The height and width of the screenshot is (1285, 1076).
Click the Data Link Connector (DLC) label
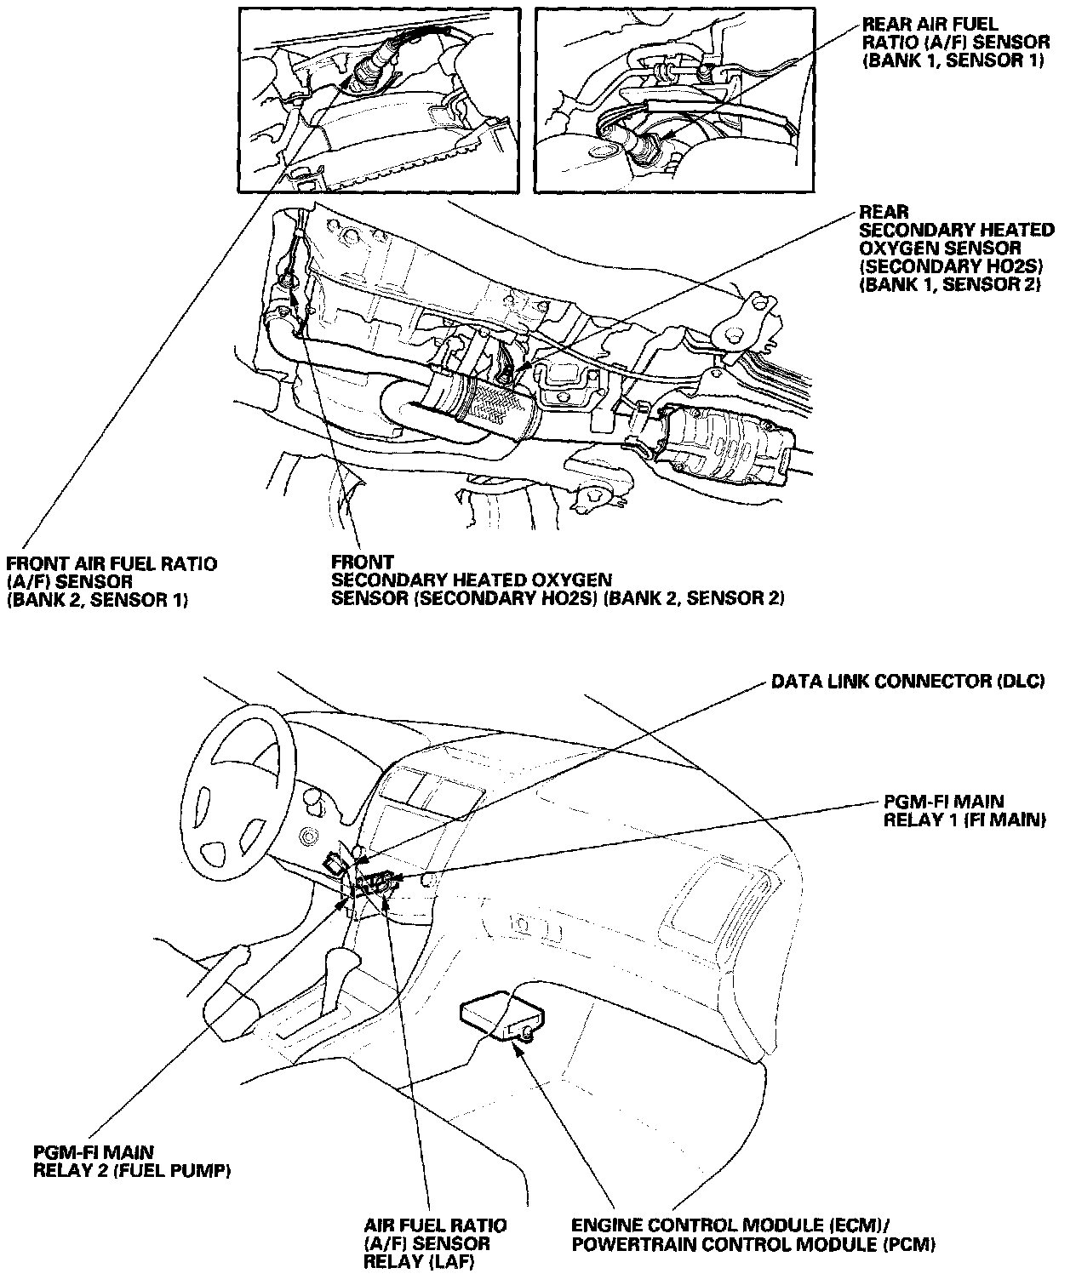907,682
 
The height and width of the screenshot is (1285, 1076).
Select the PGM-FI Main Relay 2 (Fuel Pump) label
132,1162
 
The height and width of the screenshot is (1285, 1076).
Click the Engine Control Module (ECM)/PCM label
753,1235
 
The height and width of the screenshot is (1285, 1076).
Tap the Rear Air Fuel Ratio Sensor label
955,42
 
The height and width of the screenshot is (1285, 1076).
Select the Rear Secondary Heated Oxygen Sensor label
956,248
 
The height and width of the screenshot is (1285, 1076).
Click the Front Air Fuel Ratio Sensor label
111,581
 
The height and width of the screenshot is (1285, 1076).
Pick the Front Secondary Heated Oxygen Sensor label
558,580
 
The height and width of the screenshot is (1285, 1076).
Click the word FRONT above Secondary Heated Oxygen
362,563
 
